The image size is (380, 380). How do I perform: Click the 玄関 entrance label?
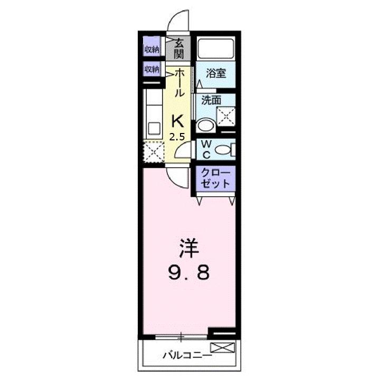tap(180, 49)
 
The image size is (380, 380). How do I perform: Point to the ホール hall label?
tap(179, 83)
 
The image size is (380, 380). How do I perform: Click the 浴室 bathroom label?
tap(216, 73)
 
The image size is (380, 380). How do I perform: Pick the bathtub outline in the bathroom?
tap(216, 50)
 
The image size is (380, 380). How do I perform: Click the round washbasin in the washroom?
tap(205, 126)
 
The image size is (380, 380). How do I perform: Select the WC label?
tap(206, 149)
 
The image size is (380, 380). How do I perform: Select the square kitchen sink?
tap(155, 128)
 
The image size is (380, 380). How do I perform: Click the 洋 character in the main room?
tap(188, 248)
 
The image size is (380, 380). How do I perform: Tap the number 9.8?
tap(189, 273)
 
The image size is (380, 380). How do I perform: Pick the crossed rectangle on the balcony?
tap(222, 347)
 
